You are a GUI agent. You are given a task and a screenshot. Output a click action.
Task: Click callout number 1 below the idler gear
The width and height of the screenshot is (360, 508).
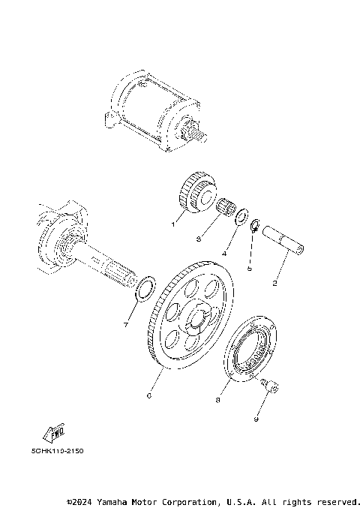pos(173,223)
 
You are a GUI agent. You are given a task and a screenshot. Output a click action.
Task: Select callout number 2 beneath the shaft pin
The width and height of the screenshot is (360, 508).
pos(275,284)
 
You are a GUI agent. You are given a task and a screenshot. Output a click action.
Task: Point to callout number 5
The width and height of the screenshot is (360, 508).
pos(250,267)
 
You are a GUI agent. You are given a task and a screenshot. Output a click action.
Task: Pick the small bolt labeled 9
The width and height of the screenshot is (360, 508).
pos(271,386)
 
